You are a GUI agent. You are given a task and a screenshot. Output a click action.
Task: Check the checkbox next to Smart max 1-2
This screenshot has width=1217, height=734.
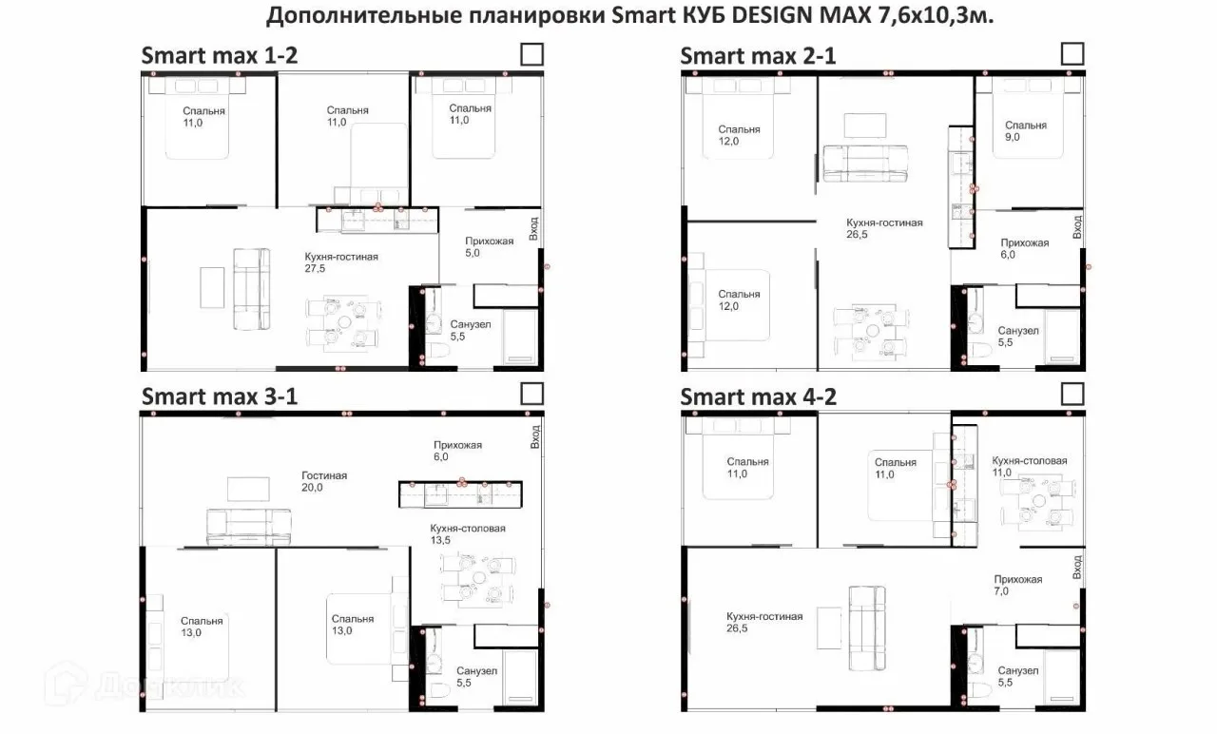point(531,55)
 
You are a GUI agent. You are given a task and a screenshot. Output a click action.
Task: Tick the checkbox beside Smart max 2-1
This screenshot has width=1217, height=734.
point(1072,54)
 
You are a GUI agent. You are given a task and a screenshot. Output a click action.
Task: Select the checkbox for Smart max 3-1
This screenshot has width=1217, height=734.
point(531,394)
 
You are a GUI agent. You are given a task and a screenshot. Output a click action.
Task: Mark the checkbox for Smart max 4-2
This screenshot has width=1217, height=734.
point(1072,395)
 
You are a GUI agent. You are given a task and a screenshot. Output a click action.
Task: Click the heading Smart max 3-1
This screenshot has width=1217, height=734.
point(220,396)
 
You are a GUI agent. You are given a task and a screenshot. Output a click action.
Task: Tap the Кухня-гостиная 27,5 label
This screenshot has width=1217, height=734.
point(340,262)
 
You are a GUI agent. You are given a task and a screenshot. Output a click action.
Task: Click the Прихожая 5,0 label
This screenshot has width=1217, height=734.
point(489,246)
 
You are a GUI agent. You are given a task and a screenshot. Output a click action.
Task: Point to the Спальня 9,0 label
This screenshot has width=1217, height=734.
point(1025,131)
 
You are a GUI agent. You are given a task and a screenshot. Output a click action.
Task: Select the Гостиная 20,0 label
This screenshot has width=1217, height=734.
point(324,481)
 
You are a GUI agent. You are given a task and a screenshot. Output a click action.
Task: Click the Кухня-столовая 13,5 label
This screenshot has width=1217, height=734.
point(467,534)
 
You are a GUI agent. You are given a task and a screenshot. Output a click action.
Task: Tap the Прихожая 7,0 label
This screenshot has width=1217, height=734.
point(1017,585)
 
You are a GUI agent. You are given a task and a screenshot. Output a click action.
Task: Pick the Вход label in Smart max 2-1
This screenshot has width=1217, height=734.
point(1077,227)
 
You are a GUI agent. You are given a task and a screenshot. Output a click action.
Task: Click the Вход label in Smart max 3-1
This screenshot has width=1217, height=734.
point(535,436)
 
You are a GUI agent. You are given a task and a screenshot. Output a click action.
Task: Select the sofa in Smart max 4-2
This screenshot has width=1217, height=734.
point(867,628)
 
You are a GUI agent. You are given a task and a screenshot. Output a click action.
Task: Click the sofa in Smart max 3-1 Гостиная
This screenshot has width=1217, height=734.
point(248,527)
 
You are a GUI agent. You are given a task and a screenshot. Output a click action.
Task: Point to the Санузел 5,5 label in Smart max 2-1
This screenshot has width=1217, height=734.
point(1017,337)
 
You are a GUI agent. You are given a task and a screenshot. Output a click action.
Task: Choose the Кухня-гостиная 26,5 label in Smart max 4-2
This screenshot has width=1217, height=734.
point(763,622)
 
